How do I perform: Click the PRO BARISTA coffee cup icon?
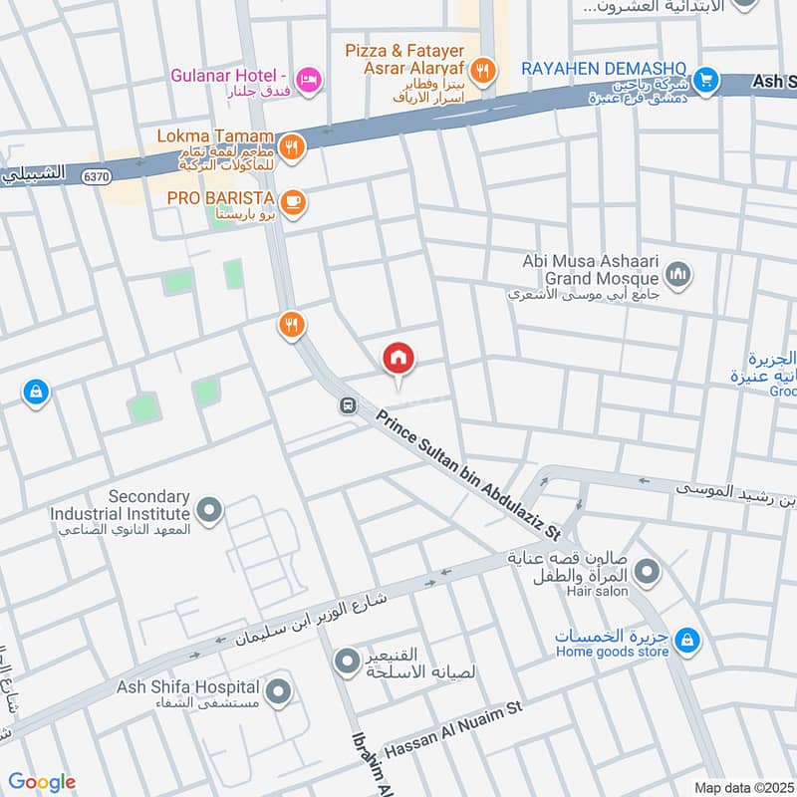[292, 202]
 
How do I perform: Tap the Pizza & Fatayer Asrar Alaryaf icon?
[483, 69]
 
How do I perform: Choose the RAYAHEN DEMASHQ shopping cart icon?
[705, 78]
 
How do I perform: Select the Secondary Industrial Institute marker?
[209, 512]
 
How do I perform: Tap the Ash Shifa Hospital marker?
[279, 689]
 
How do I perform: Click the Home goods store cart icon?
[685, 641]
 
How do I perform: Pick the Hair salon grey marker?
[648, 572]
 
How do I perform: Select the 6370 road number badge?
[97, 175]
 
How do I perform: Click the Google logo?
[42, 782]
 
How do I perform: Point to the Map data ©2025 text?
[742, 787]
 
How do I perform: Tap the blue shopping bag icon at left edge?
[36, 393]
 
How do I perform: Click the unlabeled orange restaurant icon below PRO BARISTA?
[291, 324]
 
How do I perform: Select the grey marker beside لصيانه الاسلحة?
[347, 660]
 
